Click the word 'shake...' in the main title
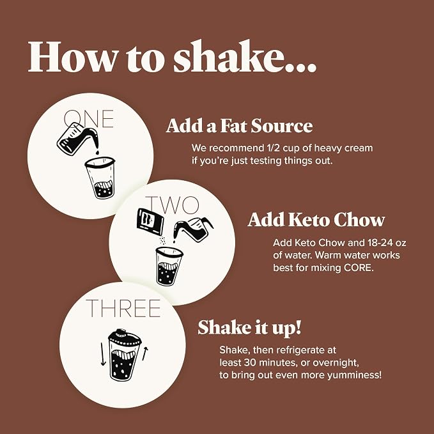[245, 58]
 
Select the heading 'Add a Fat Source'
[240, 126]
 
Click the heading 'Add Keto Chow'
[316, 220]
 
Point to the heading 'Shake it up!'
[249, 327]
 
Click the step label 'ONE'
[89, 119]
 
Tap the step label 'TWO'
[171, 205]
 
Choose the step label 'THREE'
[123, 308]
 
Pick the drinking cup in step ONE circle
[100, 178]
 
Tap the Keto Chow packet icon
[150, 223]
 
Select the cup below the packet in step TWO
[169, 267]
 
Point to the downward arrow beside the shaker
[103, 355]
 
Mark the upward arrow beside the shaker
[144, 353]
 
